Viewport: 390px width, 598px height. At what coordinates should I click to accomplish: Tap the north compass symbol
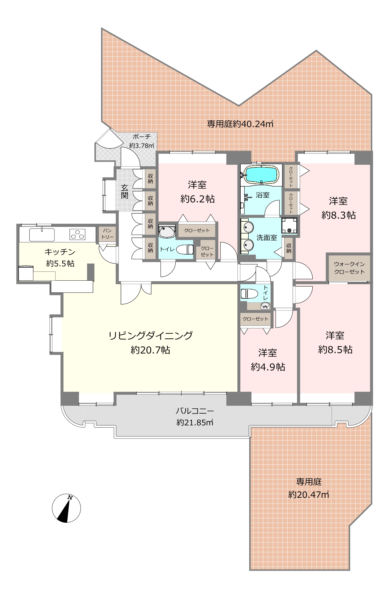pos(67,508)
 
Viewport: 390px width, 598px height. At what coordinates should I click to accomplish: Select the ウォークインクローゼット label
pos(349,268)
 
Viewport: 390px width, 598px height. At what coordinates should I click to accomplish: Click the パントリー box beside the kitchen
pos(107,234)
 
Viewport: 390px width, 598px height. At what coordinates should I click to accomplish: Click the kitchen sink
pos(42,235)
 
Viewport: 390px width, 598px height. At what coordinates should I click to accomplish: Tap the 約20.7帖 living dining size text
pos(151,350)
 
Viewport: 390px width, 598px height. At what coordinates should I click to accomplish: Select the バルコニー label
pos(195,411)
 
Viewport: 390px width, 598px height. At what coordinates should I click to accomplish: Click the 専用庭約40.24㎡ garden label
pos(240,124)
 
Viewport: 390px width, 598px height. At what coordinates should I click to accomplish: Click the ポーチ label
pos(142,137)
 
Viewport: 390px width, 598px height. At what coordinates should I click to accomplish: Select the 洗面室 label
pos(267,238)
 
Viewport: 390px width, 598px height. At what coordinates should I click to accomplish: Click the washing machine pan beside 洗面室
pos(289,226)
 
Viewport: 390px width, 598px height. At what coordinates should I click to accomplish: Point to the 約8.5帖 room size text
pos(335,350)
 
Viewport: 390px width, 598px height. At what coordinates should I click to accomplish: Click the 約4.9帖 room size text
pos(268,367)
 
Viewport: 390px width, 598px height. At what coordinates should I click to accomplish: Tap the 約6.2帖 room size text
pos(198,199)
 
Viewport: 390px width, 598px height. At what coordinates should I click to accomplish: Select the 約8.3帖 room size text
pos(339,215)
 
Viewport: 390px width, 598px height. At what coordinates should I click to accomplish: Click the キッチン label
pos(60,252)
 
